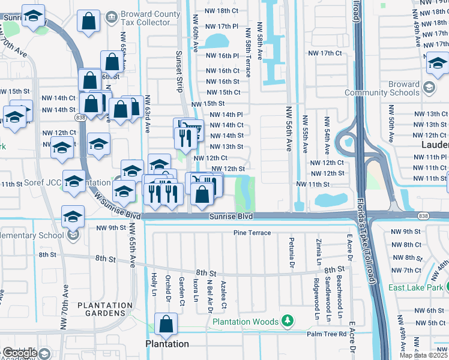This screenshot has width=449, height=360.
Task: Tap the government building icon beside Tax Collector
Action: pos(111,19)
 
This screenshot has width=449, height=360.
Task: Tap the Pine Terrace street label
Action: pos(252,233)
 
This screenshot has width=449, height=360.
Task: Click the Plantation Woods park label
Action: pos(247,322)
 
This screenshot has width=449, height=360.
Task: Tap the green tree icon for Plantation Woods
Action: pos(288,321)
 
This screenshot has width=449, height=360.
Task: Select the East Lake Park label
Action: pos(417,287)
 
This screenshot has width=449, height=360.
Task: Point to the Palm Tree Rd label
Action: pos(327,334)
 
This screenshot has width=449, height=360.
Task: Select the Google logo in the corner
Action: pos(19,352)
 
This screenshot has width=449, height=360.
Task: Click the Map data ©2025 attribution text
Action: pos(423,355)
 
